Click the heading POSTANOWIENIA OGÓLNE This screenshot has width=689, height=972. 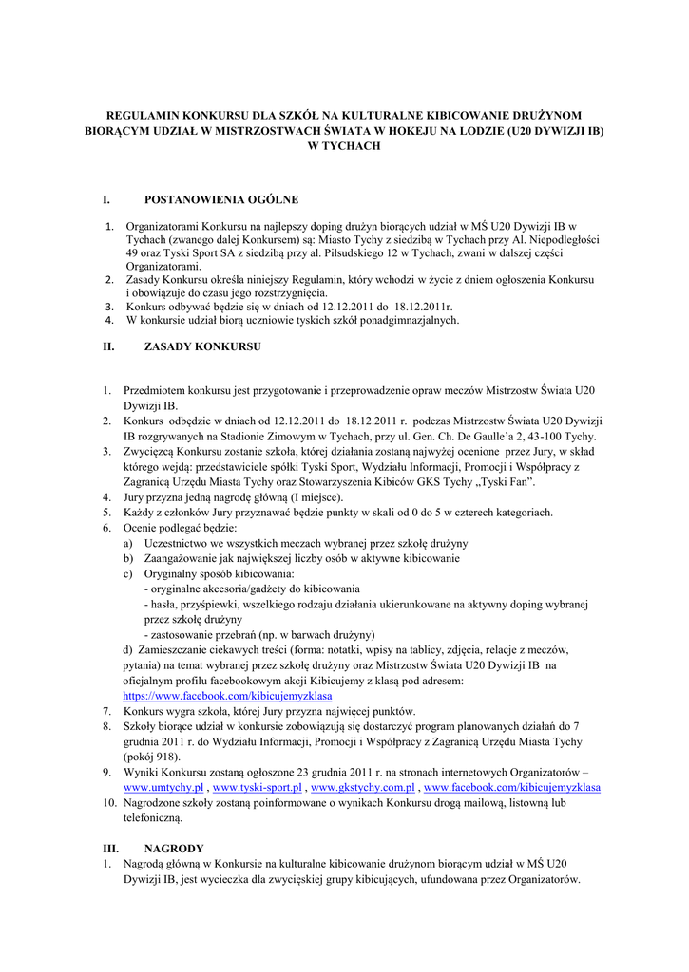pyautogui.click(x=220, y=199)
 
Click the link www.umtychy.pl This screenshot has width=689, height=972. pyautogui.click(x=164, y=788)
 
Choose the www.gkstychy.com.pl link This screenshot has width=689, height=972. pyautogui.click(x=362, y=788)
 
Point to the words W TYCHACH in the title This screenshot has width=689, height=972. pyautogui.click(x=344, y=146)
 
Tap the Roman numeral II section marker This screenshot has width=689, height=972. pyautogui.click(x=107, y=347)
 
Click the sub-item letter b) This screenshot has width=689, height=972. pyautogui.click(x=128, y=558)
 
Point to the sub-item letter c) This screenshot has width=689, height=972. pyautogui.click(x=128, y=573)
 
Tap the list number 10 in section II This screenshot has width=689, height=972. pyautogui.click(x=108, y=802)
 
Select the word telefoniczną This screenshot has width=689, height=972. pyautogui.click(x=156, y=817)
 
